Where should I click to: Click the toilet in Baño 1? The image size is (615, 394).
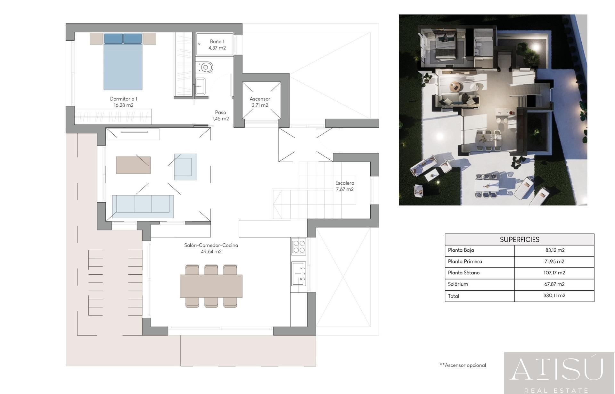[204, 68]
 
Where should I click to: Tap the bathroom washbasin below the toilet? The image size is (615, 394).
[200, 87]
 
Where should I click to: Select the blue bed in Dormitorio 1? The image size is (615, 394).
[123, 61]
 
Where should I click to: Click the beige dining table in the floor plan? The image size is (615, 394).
[211, 286]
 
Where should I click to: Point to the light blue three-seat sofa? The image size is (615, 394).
[143, 207]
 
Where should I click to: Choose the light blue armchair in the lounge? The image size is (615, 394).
[186, 167]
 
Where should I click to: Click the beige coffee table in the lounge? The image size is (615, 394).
[133, 165]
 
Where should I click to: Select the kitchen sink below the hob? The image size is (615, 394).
[299, 273]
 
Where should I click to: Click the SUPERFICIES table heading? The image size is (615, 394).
[520, 239]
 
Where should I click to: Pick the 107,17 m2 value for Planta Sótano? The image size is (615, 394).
[554, 273]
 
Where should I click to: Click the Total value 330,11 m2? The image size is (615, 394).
[554, 296]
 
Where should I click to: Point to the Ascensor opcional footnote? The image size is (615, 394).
[463, 365]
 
